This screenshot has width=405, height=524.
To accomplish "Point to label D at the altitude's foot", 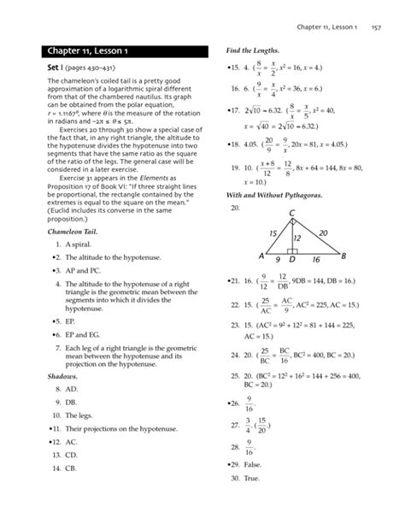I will coord(292,259).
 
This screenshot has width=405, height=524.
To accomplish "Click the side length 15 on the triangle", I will coord(273,233).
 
